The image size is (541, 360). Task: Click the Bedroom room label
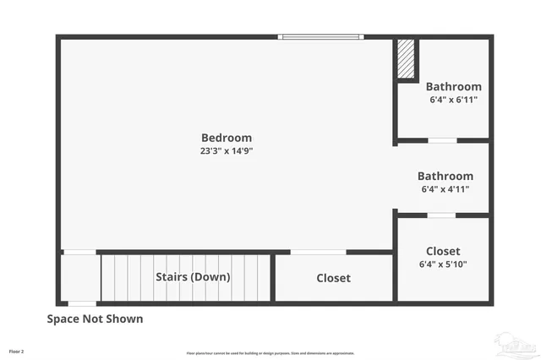tap(226, 138)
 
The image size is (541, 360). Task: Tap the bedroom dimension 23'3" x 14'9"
tap(227, 151)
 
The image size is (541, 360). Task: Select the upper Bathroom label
tap(453, 86)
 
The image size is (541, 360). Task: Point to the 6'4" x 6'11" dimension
tap(453, 99)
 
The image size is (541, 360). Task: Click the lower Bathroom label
tap(445, 176)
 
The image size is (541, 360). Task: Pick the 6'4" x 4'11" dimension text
tap(445, 189)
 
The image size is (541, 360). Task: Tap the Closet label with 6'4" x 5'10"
tap(443, 251)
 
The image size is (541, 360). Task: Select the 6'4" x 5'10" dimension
tap(443, 264)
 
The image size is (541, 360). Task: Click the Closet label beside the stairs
tap(333, 278)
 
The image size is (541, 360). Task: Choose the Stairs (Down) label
tap(193, 276)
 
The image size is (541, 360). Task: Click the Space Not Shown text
tap(95, 319)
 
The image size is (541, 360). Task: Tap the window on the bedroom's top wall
tap(321, 36)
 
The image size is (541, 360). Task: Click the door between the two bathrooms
tap(442, 139)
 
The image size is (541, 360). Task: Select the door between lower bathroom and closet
tap(441, 215)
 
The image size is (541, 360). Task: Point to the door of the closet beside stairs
tap(318, 252)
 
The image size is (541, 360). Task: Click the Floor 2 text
tap(17, 351)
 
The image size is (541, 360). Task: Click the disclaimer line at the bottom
tap(270, 353)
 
